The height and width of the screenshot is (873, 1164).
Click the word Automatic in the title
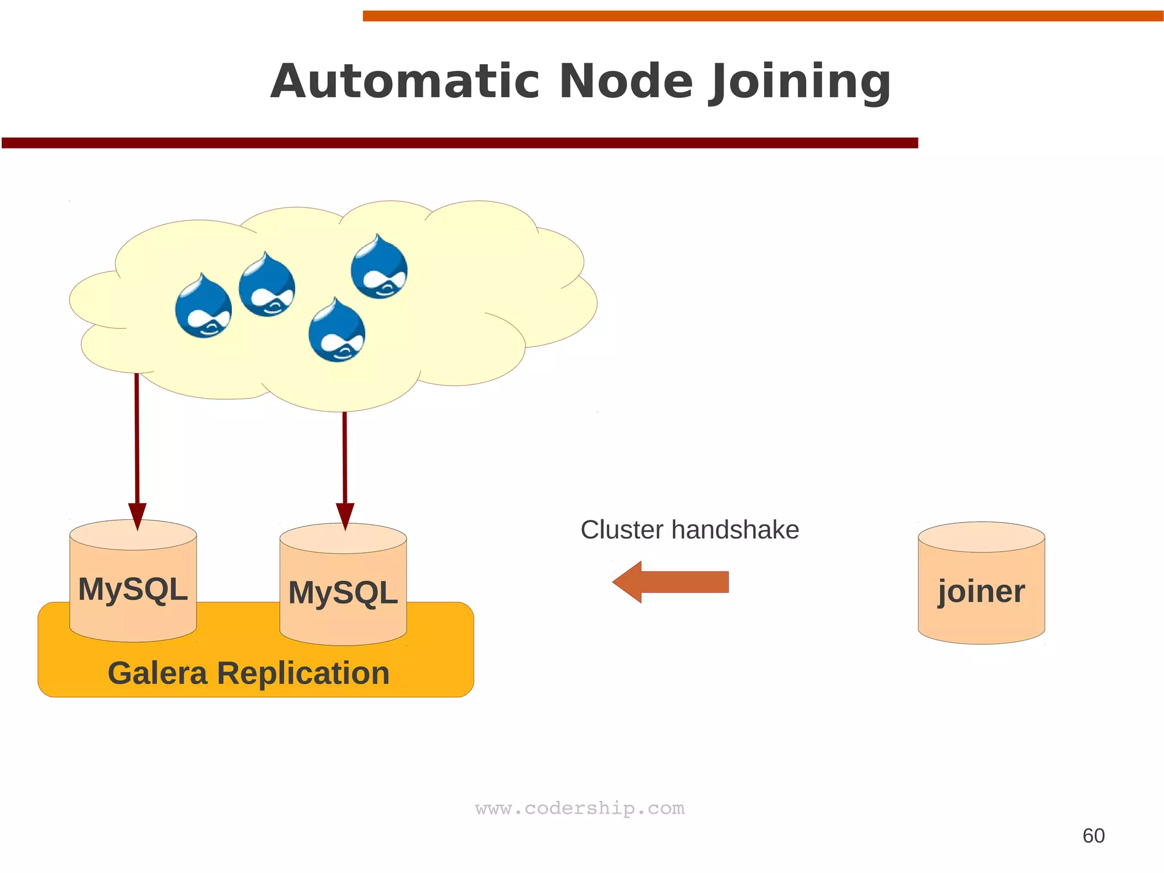(404, 81)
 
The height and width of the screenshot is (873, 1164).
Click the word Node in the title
(626, 81)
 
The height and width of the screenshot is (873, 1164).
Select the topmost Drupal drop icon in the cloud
(379, 267)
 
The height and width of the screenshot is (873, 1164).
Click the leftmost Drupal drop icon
(203, 307)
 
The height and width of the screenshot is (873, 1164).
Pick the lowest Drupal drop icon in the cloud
(337, 331)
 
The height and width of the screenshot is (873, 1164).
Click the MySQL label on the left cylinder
(133, 589)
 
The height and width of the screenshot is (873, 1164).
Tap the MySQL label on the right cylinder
(343, 593)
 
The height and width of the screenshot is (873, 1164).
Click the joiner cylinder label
(982, 591)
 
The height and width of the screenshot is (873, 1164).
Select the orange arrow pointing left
(671, 582)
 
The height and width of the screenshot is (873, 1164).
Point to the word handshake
(735, 530)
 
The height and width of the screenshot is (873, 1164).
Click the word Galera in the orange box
(157, 673)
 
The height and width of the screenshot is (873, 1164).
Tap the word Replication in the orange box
(303, 673)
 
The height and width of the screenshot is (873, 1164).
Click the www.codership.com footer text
(580, 808)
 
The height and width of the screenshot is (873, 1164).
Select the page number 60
(1093, 835)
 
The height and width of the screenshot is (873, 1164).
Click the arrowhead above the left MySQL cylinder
(137, 515)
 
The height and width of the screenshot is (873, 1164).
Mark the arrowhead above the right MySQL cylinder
(345, 515)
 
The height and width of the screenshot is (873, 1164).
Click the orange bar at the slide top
(762, 16)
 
